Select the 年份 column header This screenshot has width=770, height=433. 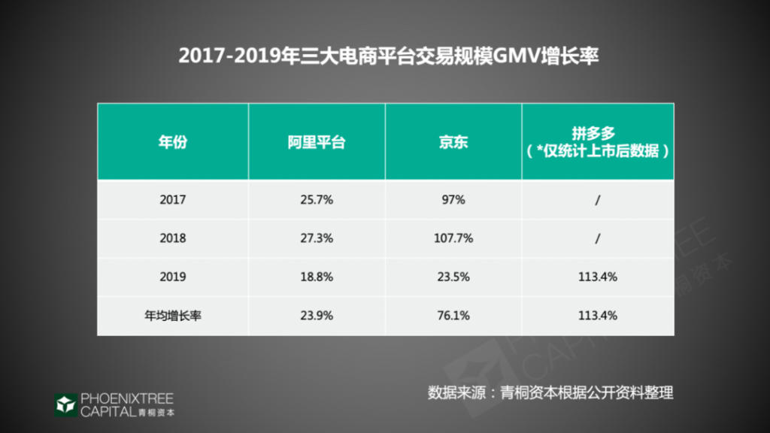172,142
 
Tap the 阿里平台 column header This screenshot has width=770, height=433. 316,142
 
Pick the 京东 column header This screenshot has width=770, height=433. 453,142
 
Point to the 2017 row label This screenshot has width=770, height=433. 172,200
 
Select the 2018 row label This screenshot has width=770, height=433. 172,238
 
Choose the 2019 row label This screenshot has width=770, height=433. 172,277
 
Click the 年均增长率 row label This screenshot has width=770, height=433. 172,316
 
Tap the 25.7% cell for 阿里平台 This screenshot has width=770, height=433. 316,200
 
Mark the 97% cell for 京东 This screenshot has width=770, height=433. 453,200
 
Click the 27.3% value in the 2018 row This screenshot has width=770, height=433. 316,238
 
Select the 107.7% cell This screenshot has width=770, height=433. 453,238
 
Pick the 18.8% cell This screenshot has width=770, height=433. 316,277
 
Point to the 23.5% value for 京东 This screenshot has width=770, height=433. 453,277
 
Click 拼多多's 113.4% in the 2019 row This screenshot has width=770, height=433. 598,277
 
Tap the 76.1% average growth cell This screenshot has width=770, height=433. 453,316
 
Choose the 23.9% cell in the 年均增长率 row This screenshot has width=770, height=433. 316,316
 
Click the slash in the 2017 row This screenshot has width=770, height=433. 598,200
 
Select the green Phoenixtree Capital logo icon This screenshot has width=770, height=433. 65,404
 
